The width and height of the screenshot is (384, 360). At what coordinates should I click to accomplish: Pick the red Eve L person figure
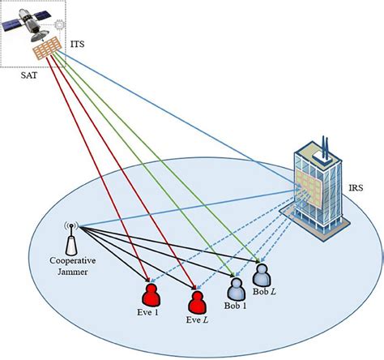click(x=195, y=302)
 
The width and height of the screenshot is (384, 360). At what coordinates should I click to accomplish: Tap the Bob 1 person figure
click(x=236, y=289)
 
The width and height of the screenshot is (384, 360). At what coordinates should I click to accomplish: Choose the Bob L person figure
click(x=262, y=273)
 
